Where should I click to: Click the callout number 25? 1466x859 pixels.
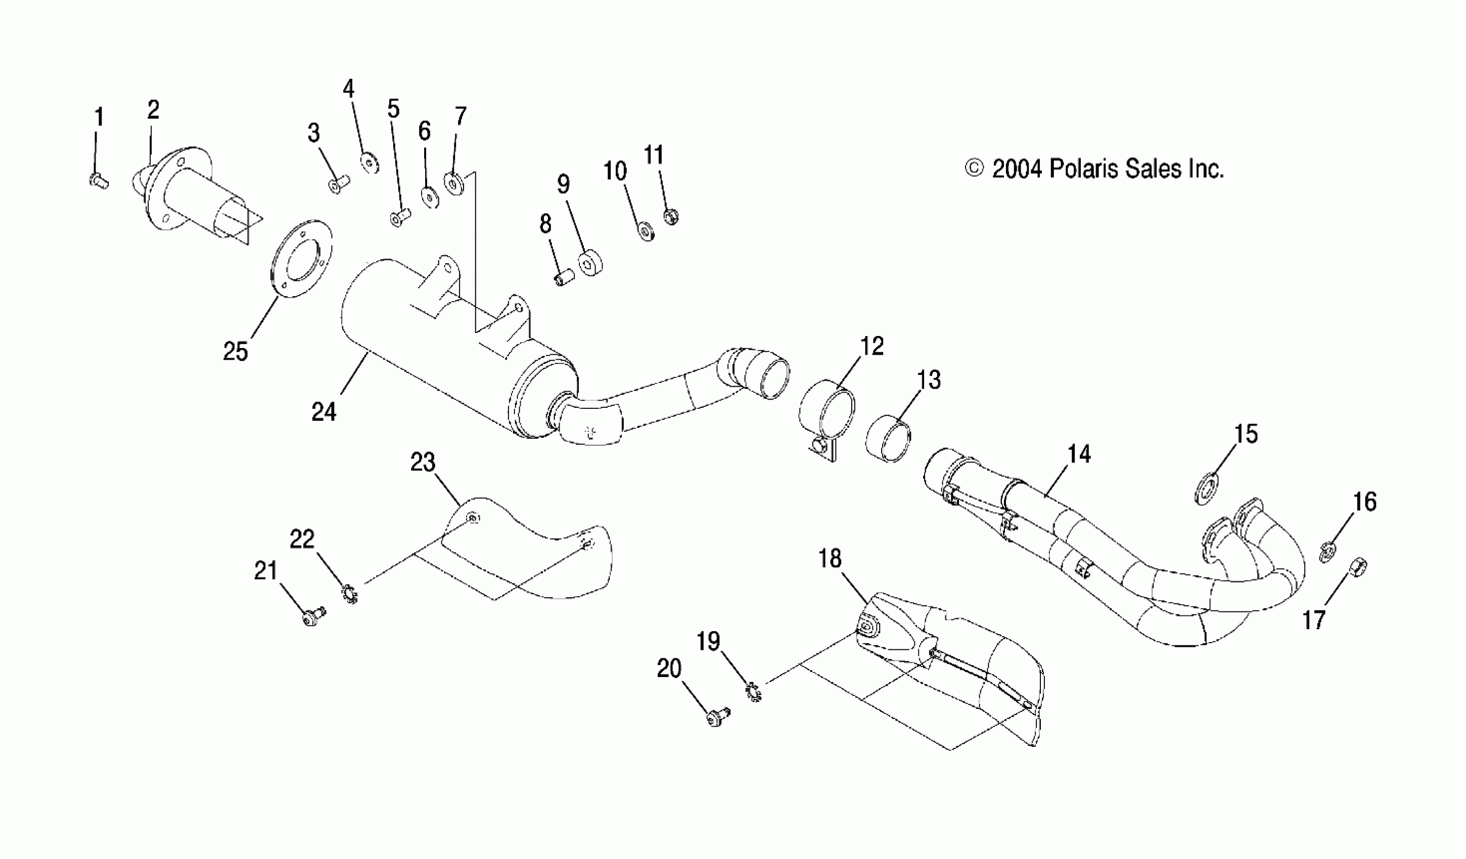tap(236, 351)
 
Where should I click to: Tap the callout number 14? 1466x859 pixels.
tap(1079, 454)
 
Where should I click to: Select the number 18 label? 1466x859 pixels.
tap(830, 559)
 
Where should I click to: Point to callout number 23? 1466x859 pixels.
tap(423, 462)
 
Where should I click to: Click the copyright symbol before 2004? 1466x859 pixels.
tap(974, 169)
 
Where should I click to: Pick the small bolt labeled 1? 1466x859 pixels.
tap(98, 181)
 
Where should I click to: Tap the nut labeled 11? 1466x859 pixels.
tap(672, 216)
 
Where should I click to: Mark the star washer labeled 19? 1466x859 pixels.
tap(753, 692)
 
